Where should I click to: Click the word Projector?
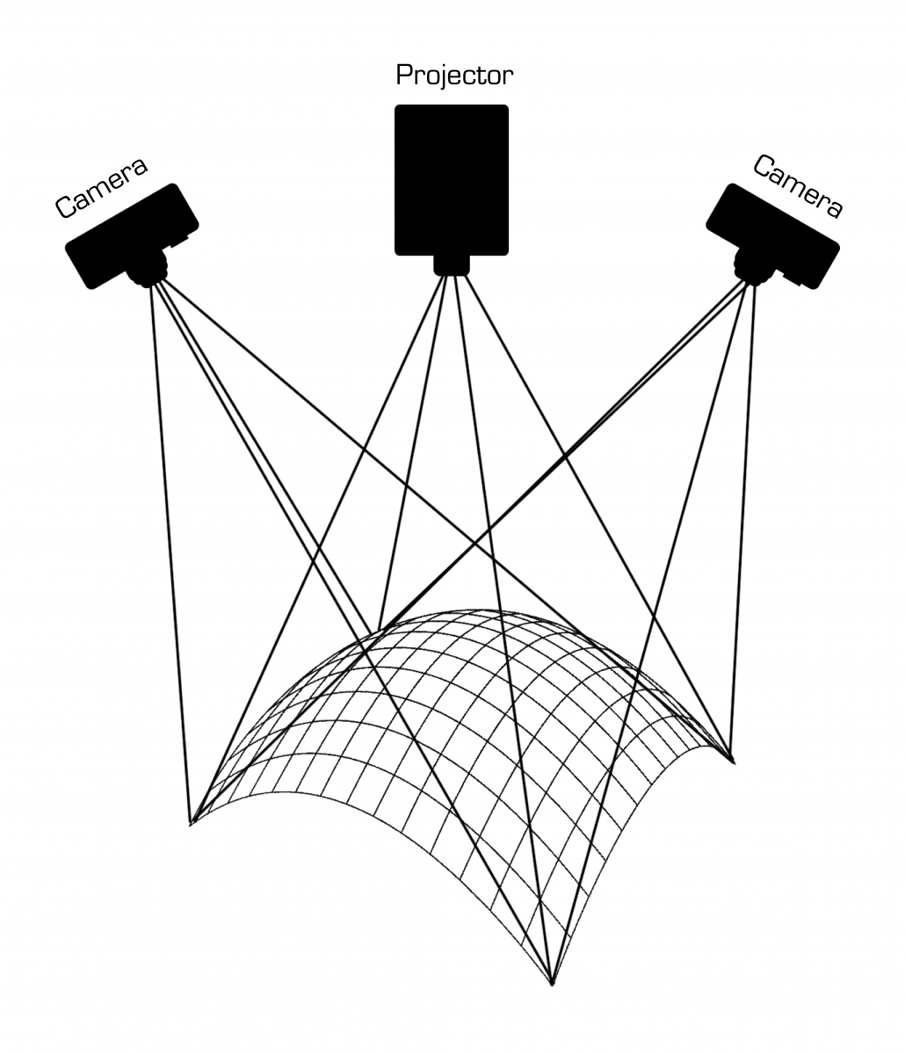click(453, 76)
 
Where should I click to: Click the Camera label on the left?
click(100, 188)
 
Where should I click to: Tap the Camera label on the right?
click(798, 186)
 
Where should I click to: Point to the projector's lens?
click(452, 264)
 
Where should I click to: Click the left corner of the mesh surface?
click(192, 823)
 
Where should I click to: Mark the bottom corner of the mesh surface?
click(551, 983)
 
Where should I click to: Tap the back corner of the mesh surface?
click(378, 631)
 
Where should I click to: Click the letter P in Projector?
click(404, 76)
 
